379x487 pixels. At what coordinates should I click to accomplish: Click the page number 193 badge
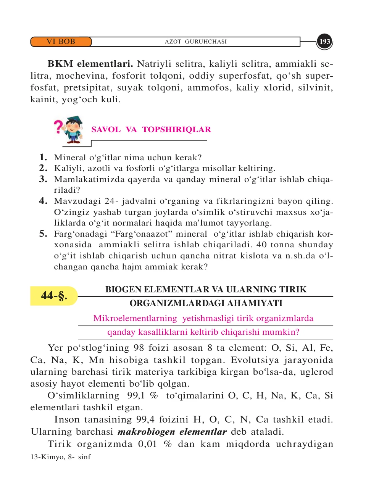coord(325,42)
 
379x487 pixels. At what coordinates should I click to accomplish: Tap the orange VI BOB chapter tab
coord(61,42)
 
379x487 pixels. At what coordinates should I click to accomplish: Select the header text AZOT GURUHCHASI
coord(195,42)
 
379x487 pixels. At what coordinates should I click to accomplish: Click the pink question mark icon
coord(58,127)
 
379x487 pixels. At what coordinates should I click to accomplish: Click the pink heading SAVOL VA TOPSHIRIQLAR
coord(151,129)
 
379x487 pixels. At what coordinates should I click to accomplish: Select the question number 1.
coord(44,157)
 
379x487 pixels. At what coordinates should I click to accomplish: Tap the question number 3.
coord(44,179)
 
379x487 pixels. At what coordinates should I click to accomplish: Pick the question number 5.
coord(44,234)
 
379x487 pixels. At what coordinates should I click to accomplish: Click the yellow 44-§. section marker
coord(54,296)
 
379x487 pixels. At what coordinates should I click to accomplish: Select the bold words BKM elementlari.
coord(90,64)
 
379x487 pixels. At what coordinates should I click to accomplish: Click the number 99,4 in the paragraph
coord(145,419)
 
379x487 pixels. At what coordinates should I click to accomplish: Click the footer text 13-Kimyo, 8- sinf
coord(61,457)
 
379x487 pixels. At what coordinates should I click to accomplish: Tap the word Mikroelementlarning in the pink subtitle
coord(135,318)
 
